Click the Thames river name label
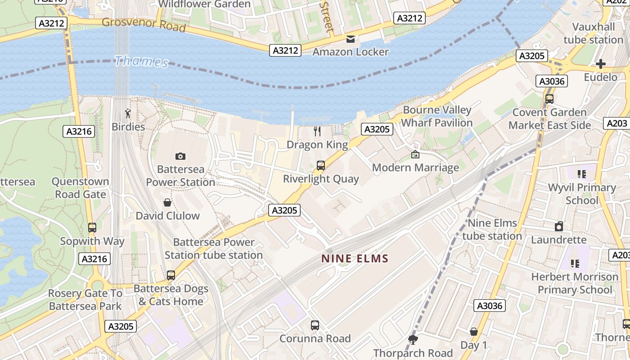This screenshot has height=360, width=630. pyautogui.click(x=141, y=61)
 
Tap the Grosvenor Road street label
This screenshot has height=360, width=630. pyautogui.click(x=144, y=24)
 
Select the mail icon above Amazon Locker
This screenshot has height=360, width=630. pyautogui.click(x=350, y=39)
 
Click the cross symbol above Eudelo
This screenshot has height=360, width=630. pyautogui.click(x=600, y=64)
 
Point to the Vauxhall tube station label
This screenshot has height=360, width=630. pyautogui.click(x=594, y=33)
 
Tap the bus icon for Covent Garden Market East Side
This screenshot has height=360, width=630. pyautogui.click(x=549, y=99)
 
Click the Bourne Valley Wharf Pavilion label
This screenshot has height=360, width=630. pyautogui.click(x=436, y=116)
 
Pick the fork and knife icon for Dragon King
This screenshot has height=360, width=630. pyautogui.click(x=317, y=131)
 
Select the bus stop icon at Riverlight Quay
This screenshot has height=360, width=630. pyautogui.click(x=320, y=166)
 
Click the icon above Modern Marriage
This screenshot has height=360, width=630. pyautogui.click(x=415, y=154)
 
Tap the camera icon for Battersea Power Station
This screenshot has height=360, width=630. pyautogui.click(x=180, y=156)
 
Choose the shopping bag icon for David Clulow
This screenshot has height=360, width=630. pyautogui.click(x=167, y=202)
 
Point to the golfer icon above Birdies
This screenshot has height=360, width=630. pyautogui.click(x=128, y=113)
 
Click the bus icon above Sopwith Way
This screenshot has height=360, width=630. pyautogui.click(x=92, y=228)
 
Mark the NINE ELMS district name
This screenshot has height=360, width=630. pyautogui.click(x=355, y=259)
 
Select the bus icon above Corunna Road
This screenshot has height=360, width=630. pyautogui.click(x=315, y=325)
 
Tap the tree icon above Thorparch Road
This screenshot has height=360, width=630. pyautogui.click(x=413, y=340)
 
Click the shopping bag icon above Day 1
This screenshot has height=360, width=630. pyautogui.click(x=473, y=332)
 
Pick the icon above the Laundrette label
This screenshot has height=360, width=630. pyautogui.click(x=558, y=226)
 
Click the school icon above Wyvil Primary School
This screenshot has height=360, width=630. pyautogui.click(x=582, y=174)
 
